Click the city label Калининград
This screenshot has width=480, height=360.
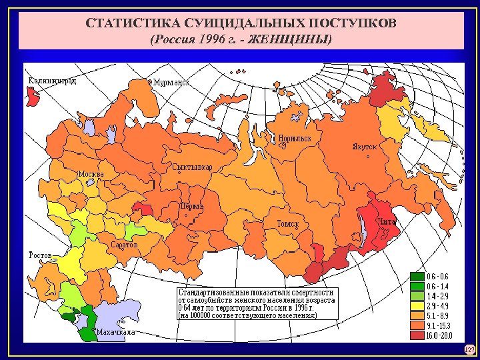(52, 81)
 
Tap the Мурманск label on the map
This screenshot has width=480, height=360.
(171, 82)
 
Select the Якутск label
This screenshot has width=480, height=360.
(365, 146)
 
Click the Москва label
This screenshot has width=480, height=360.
(91, 174)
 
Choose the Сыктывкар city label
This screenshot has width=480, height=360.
(192, 167)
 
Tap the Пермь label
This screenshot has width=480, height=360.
(191, 207)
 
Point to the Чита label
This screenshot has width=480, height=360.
(387, 221)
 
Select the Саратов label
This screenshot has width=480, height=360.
(125, 245)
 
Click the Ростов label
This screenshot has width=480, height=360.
(40, 255)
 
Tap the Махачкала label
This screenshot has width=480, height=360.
(115, 331)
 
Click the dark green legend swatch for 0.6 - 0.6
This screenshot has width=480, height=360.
(417, 276)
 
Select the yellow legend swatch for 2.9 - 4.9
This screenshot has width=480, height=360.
(417, 305)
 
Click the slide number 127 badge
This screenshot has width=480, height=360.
(469, 349)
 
